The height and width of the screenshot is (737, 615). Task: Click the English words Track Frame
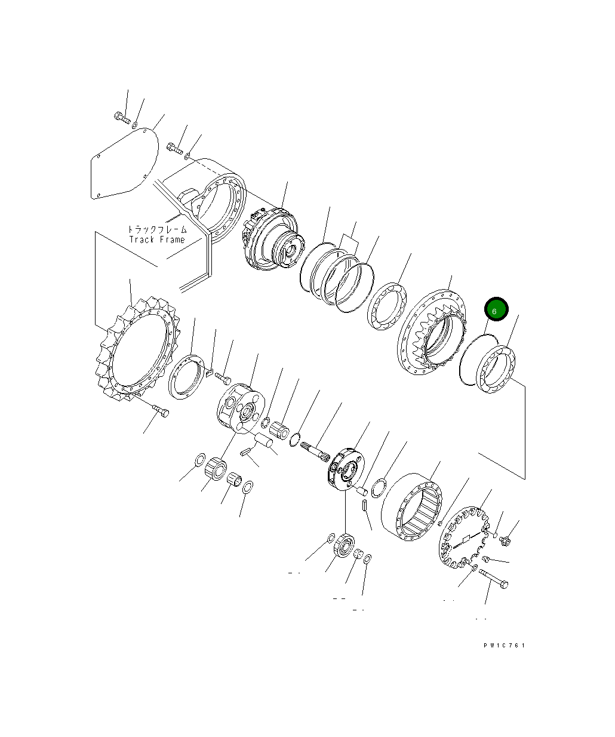[157, 239]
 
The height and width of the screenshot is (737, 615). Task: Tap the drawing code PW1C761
[505, 645]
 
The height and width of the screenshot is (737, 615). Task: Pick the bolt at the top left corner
[121, 117]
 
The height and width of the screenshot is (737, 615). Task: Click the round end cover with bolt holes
[464, 536]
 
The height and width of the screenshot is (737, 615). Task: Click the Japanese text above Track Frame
[157, 229]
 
